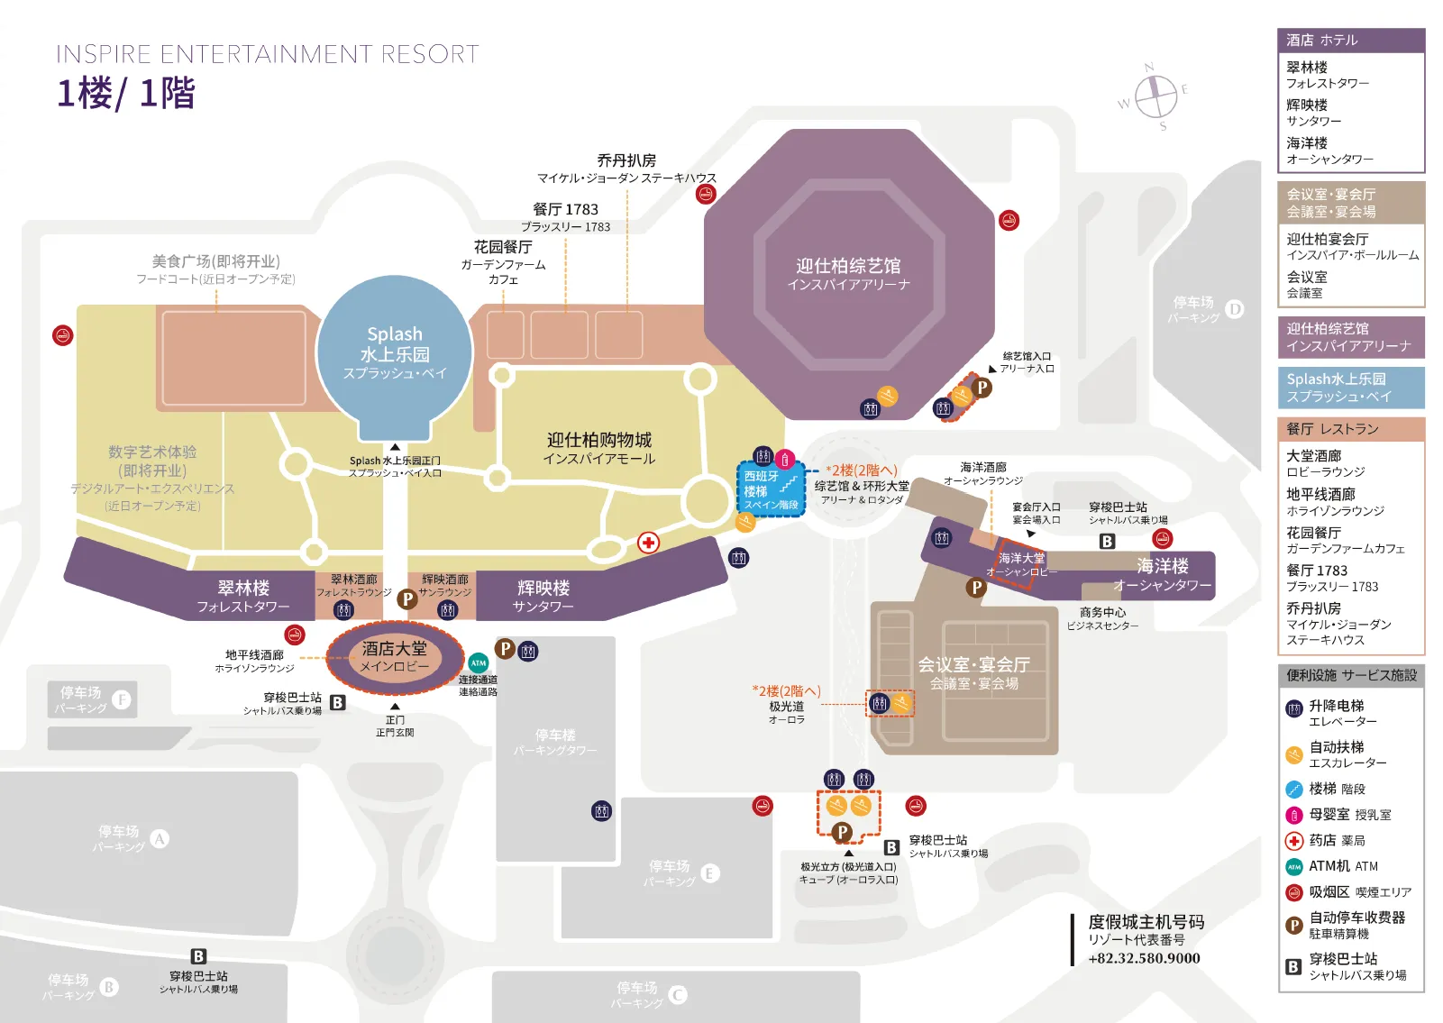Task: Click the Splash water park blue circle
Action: (x=395, y=352)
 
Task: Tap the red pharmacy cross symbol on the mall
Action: (x=648, y=543)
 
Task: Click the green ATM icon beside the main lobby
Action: (x=479, y=663)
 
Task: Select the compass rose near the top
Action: (x=1155, y=96)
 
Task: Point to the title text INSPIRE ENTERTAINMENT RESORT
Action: (x=268, y=55)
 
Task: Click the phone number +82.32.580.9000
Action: (x=1144, y=958)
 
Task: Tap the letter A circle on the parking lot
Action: (x=160, y=839)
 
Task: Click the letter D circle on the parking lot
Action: (x=1234, y=309)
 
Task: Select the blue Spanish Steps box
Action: (x=771, y=490)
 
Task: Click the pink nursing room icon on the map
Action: (x=785, y=459)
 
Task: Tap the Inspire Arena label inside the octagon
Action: (x=848, y=274)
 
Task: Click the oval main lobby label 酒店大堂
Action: (x=395, y=656)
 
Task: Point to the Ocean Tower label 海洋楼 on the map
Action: (x=1162, y=566)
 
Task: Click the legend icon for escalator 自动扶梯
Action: (x=1294, y=755)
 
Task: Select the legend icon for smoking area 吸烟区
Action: (x=1294, y=892)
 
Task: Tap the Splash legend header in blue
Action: (x=1350, y=388)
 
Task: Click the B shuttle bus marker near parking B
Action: (x=198, y=956)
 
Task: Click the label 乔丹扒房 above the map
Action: (x=626, y=160)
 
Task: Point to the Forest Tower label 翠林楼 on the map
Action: (x=243, y=589)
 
